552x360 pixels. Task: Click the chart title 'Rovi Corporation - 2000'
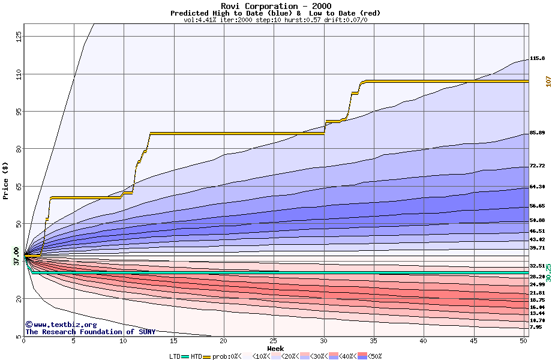click(275, 6)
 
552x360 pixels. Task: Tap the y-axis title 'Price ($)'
click(6, 180)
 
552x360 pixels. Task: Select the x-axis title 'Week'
click(275, 348)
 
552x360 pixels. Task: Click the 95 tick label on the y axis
click(18, 112)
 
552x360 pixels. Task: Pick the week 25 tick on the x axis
click(274, 341)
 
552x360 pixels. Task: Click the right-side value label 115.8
click(537, 59)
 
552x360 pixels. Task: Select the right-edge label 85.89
click(537, 133)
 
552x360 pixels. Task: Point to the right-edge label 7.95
click(536, 327)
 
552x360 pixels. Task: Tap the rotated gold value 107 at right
click(548, 81)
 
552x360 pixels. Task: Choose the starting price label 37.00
click(16, 256)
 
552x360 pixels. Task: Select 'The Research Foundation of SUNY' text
click(90, 332)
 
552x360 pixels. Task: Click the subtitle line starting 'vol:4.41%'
click(275, 20)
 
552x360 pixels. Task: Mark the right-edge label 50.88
click(537, 220)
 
